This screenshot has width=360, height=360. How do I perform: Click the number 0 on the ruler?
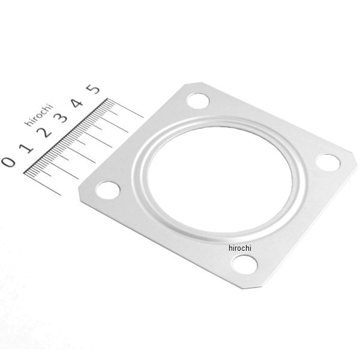tap(9, 162)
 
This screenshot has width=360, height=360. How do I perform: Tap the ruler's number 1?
tap(26, 148)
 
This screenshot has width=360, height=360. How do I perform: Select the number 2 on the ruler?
tap(44, 133)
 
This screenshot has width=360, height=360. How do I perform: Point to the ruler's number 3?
tap(61, 118)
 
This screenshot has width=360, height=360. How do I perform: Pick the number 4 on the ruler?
tap(77, 103)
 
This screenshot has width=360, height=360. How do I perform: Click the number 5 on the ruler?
tap(93, 89)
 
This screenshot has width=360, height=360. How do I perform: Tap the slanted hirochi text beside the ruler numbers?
tap(38, 115)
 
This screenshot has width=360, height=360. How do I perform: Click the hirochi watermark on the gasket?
tap(240, 248)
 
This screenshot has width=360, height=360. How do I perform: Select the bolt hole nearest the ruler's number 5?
tap(198, 101)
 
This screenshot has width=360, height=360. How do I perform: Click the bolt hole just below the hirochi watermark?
tap(245, 265)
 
